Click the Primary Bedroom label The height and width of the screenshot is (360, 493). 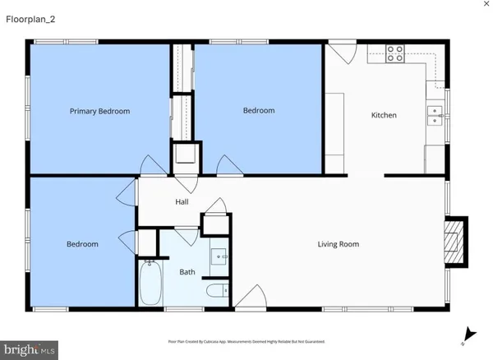[x=99, y=111]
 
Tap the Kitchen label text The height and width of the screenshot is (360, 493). [x=384, y=115]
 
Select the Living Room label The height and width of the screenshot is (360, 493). [x=339, y=244]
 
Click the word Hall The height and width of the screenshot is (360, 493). [x=182, y=201]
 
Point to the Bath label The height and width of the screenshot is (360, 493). [x=187, y=272]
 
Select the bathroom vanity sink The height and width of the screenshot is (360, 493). [x=219, y=257]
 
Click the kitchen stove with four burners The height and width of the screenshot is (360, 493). [x=395, y=53]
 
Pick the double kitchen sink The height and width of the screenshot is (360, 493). [x=435, y=114]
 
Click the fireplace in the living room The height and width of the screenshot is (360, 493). [x=454, y=242]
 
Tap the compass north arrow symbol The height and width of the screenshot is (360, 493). [x=468, y=334]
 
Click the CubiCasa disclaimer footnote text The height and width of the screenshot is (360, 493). [x=246, y=340]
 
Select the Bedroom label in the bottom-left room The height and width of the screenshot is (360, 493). [x=82, y=244]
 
